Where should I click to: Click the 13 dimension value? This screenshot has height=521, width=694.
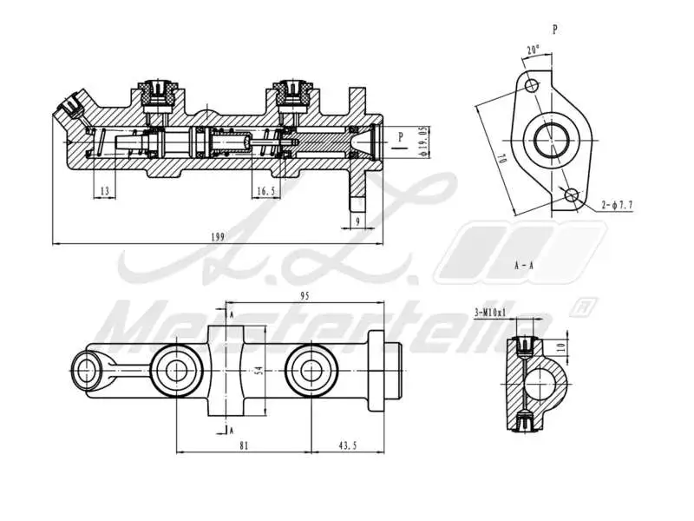104,190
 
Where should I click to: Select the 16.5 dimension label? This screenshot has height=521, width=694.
265,190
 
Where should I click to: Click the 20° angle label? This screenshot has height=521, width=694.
533,50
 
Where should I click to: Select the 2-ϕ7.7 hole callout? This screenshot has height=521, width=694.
617,205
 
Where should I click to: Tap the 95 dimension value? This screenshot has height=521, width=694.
304,296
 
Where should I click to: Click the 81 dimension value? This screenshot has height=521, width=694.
244,445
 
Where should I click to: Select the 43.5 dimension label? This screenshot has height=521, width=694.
348,445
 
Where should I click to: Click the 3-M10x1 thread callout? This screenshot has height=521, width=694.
490,311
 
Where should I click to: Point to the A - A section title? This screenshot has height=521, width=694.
523,264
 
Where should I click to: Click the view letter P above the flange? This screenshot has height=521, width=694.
555,29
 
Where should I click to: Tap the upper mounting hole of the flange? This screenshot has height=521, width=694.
532,86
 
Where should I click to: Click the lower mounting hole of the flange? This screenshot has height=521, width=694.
571,195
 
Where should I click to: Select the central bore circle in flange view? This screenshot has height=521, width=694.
551,140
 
